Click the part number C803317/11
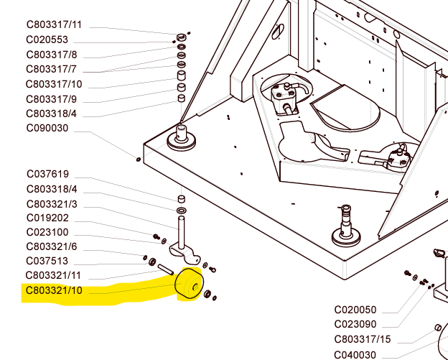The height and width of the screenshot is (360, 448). [x=54, y=25]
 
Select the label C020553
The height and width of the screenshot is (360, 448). [x=47, y=40]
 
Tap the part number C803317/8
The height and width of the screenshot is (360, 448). [x=51, y=55]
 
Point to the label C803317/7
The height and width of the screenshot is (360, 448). [x=51, y=69]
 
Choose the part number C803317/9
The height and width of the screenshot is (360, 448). [x=51, y=99]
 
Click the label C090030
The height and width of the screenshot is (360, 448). [x=47, y=129]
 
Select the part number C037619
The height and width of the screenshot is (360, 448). [x=47, y=174]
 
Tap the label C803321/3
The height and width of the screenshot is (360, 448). [x=52, y=204]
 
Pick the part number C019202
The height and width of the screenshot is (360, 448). [x=47, y=218]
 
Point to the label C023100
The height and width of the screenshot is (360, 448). [x=47, y=232]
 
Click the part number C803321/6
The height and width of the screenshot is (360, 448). [x=52, y=246]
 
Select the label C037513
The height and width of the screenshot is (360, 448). [x=47, y=261]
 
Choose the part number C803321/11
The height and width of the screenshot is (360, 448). [x=54, y=275]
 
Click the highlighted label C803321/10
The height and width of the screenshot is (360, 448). [x=54, y=290]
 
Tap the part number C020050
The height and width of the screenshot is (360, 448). [x=355, y=310]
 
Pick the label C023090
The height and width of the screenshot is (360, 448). [x=355, y=324]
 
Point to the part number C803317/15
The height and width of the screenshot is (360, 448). [x=363, y=339]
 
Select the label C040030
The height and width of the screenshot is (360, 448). [x=355, y=354]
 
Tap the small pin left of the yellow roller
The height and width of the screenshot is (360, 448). [x=166, y=269]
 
